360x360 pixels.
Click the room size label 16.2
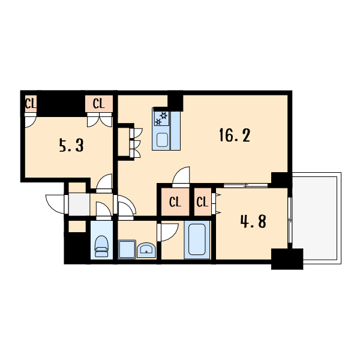(235, 135)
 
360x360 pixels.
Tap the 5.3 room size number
(71, 145)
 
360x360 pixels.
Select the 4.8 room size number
(253, 221)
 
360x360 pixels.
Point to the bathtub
(197, 239)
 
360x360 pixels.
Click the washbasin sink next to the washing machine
(146, 250)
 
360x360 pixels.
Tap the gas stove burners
(161, 118)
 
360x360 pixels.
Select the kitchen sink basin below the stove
(163, 140)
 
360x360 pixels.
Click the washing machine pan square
(127, 250)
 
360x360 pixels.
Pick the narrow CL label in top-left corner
(31, 104)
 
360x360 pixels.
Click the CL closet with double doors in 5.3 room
(99, 104)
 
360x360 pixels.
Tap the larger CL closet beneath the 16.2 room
(175, 202)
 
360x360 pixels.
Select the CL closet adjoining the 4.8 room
(203, 202)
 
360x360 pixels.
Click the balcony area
(316, 218)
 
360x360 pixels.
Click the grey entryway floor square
(79, 205)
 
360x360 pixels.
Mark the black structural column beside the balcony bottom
(287, 259)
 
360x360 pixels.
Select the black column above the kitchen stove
(175, 101)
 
